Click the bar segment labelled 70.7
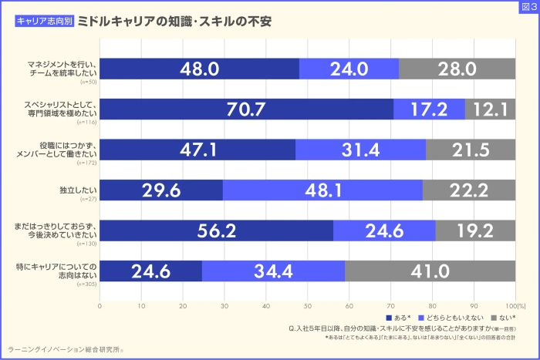click(247, 109)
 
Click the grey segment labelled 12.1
click(490, 109)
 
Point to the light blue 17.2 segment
click(429, 109)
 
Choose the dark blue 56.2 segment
click(217, 230)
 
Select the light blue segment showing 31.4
click(360, 150)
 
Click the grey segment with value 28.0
click(457, 69)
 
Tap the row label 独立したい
click(80, 188)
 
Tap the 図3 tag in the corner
click(529, 8)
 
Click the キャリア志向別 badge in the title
click(44, 22)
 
